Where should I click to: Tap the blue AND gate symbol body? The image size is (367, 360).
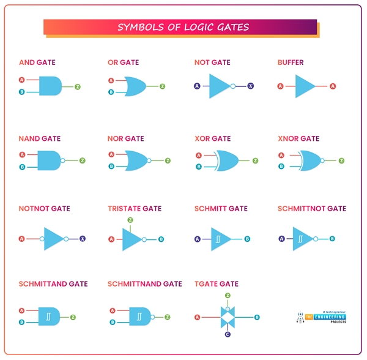(x=50, y=86)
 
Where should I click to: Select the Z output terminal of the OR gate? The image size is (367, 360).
(x=162, y=86)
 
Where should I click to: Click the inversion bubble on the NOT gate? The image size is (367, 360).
(x=233, y=86)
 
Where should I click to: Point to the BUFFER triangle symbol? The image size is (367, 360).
(x=304, y=86)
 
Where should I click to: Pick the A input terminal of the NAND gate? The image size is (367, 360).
(x=22, y=155)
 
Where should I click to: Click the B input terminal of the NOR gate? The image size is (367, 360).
(x=111, y=166)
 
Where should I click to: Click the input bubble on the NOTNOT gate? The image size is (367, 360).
(x=42, y=239)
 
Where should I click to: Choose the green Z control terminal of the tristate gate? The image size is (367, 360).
(x=130, y=220)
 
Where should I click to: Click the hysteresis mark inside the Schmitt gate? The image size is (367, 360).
(x=217, y=239)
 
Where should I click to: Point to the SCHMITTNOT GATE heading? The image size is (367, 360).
(x=311, y=209)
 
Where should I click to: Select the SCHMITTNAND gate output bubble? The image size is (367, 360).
(x=153, y=317)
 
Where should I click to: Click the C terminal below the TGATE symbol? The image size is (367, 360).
(x=228, y=334)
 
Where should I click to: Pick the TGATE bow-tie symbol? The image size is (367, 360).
(x=228, y=317)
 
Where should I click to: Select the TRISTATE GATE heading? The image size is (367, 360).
(x=135, y=209)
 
